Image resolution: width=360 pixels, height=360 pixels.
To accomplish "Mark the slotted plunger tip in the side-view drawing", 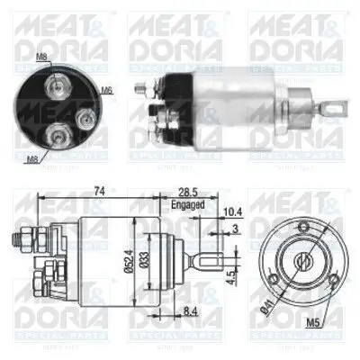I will [207, 265].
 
